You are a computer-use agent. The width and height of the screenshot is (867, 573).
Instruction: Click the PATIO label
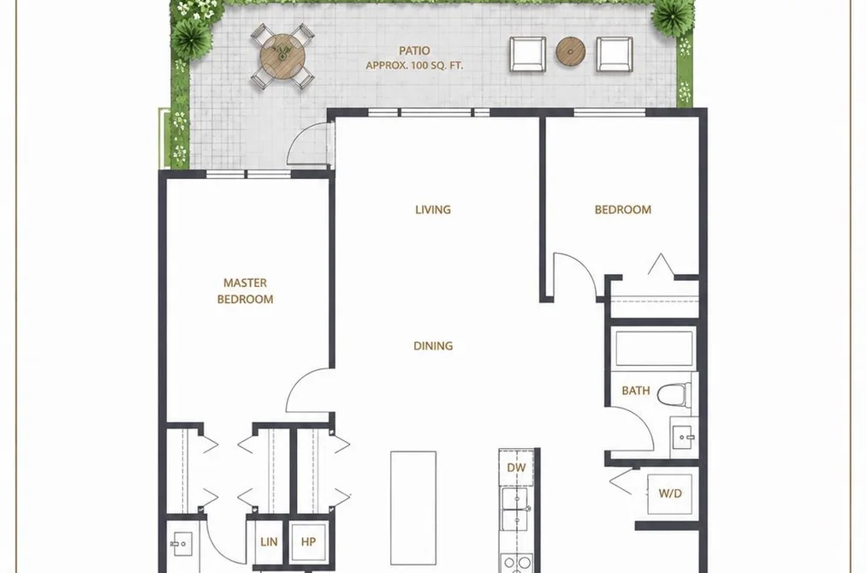414,51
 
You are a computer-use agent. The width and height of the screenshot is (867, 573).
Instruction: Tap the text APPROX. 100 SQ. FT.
414,65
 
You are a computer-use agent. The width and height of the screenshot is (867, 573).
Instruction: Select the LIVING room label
433,210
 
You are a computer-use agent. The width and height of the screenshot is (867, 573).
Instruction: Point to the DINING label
433,346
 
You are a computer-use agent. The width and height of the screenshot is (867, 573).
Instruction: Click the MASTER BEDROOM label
245,291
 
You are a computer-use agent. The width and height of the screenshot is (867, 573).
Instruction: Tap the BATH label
636,391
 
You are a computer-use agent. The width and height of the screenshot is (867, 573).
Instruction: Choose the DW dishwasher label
516,468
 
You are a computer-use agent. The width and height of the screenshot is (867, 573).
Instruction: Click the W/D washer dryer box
669,493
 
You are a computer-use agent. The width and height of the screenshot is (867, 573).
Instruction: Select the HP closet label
308,541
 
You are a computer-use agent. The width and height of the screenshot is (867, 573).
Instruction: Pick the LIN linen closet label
269,541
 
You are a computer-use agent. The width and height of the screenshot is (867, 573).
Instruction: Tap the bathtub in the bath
654,349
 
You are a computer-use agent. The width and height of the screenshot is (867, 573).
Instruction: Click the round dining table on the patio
282,56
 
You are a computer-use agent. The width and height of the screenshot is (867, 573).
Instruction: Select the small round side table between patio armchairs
571,51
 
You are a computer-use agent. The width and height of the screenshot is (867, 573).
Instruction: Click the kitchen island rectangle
413,508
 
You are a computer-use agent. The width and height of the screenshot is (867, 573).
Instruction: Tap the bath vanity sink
684,437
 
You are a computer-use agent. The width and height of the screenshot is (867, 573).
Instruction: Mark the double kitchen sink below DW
514,509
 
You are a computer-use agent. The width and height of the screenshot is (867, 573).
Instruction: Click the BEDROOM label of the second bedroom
622,210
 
